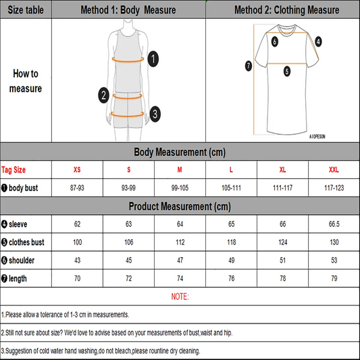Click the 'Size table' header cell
pyautogui.click(x=25, y=10)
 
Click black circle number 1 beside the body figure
pyautogui.click(x=153, y=59)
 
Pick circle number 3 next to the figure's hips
pyautogui.click(x=155, y=113)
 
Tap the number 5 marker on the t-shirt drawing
pyautogui.click(x=287, y=70)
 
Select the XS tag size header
pyautogui.click(x=77, y=170)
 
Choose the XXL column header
pyautogui.click(x=334, y=170)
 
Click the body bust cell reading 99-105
pyautogui.click(x=180, y=186)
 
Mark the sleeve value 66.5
pyautogui.click(x=334, y=223)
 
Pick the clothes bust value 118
pyautogui.click(x=231, y=241)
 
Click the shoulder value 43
pyautogui.click(x=77, y=259)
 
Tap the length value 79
pyautogui.click(x=334, y=278)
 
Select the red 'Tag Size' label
pyautogui.click(x=14, y=170)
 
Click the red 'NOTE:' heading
pyautogui.click(x=180, y=297)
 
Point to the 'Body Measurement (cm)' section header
pyautogui.click(x=180, y=151)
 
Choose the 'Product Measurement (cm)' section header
pyautogui.click(x=180, y=205)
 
